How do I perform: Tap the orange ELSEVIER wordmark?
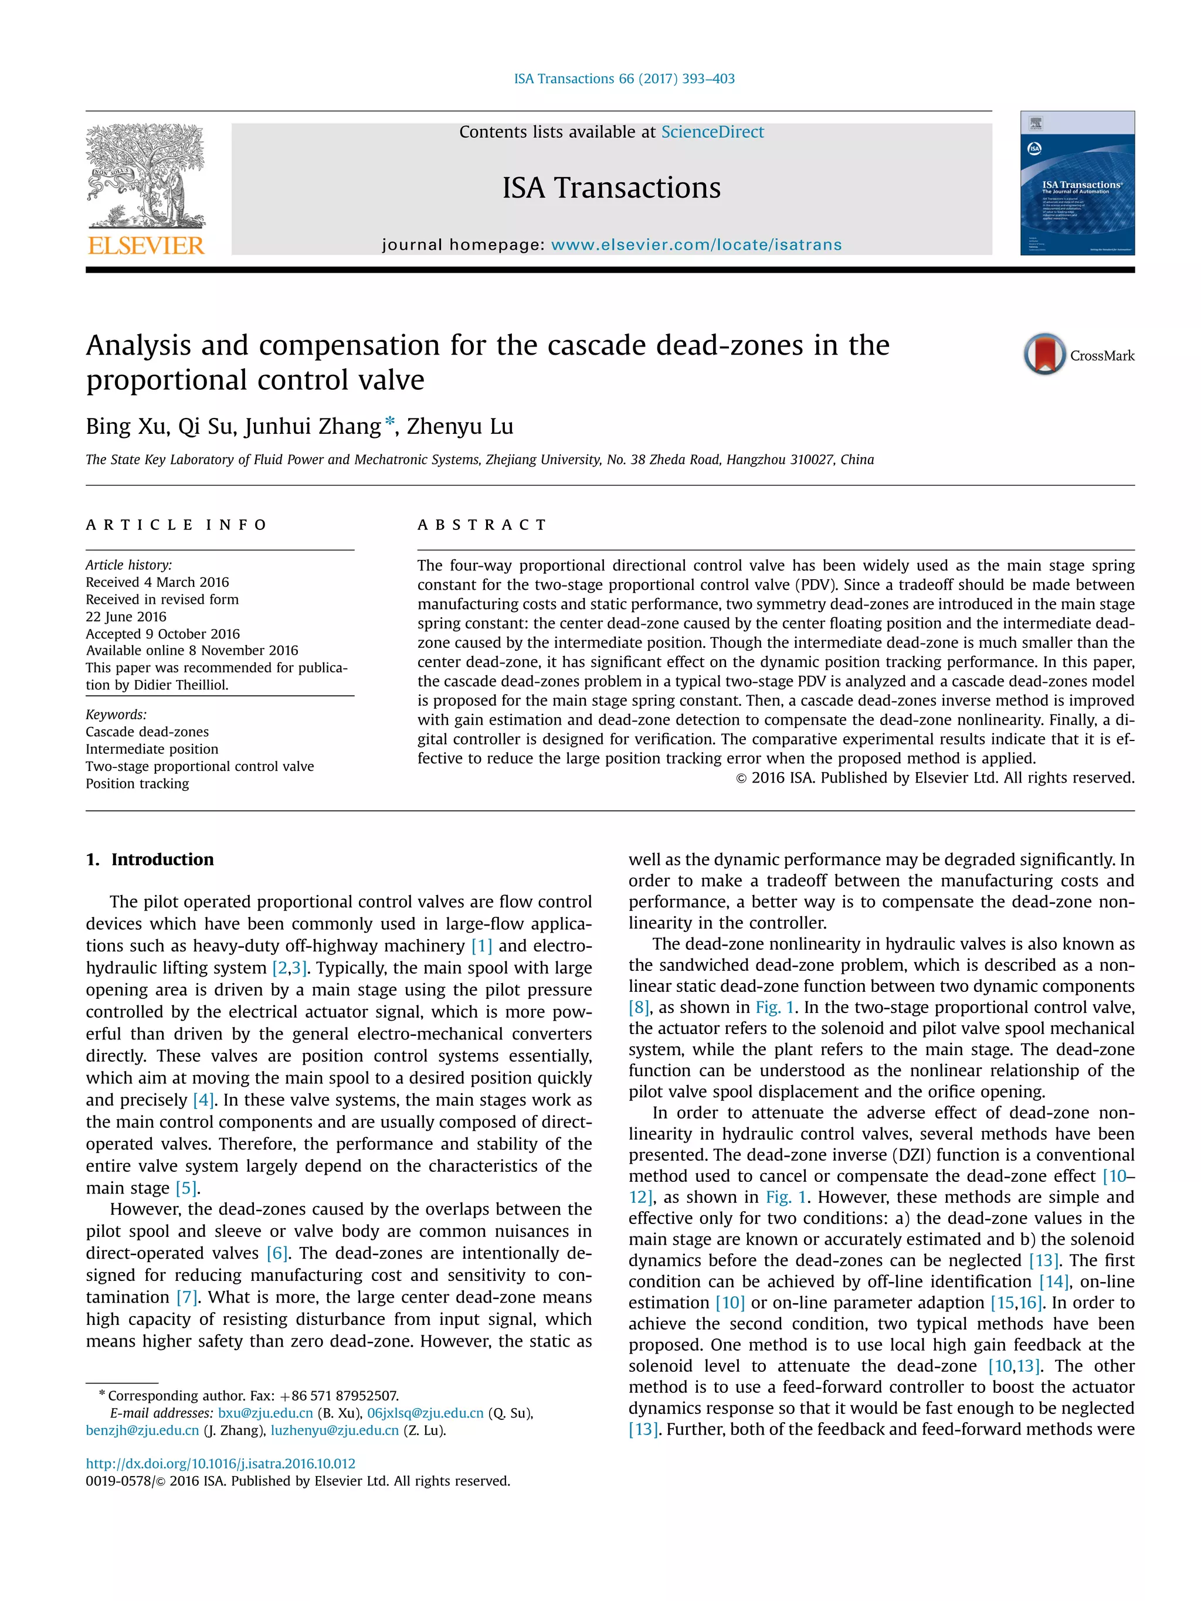click(145, 246)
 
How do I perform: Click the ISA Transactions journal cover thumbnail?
click(1077, 182)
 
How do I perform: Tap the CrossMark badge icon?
click(1044, 354)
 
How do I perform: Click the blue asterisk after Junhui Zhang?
click(390, 422)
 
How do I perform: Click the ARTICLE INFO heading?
click(176, 525)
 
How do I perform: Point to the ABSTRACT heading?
click(482, 525)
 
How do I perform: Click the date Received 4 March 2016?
click(157, 582)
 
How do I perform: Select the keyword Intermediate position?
click(151, 749)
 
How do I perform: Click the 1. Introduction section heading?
click(150, 859)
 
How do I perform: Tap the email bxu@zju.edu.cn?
click(265, 1413)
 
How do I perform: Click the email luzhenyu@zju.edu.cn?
click(334, 1430)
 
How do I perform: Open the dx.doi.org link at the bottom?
click(220, 1463)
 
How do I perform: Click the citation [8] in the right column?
click(639, 1008)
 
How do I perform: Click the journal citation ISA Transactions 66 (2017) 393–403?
click(623, 78)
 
